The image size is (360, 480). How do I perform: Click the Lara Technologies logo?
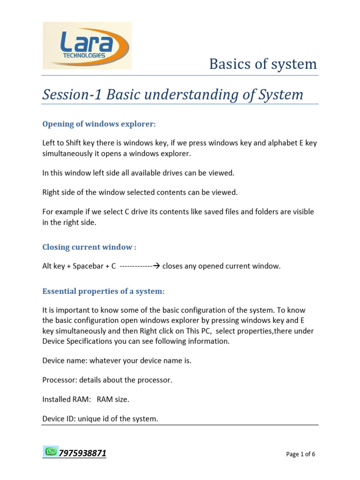point(87,45)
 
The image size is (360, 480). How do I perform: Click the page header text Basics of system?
point(263,64)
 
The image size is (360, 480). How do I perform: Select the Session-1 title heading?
point(172,95)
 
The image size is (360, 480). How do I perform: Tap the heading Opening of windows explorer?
point(98,124)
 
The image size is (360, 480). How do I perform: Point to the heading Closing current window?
point(89,247)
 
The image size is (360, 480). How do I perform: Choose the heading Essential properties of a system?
point(103,291)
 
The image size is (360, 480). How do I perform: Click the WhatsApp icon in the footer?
point(50,451)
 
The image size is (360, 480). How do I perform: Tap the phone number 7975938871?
point(82,453)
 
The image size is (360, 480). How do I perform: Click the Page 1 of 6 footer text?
point(300,454)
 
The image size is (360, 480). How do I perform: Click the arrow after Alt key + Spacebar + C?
point(157,266)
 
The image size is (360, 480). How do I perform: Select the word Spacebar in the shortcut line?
point(87,266)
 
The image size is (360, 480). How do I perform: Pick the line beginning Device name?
point(117,360)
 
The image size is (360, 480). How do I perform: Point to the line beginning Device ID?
point(100,419)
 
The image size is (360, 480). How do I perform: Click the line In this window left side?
point(138,173)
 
